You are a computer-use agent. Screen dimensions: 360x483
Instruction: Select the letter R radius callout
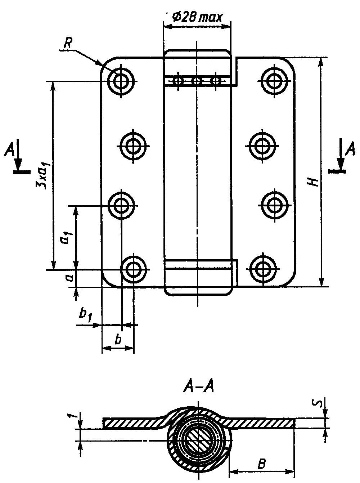pos(67,44)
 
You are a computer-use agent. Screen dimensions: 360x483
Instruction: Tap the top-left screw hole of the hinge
pos(121,81)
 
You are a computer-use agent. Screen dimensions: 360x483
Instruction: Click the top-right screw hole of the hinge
pos(274,81)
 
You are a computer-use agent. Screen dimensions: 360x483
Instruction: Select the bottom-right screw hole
pos(263,269)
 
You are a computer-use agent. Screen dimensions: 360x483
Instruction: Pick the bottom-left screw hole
pos(133,269)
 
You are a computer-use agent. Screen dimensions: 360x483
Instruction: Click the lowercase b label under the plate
pos(118,340)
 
